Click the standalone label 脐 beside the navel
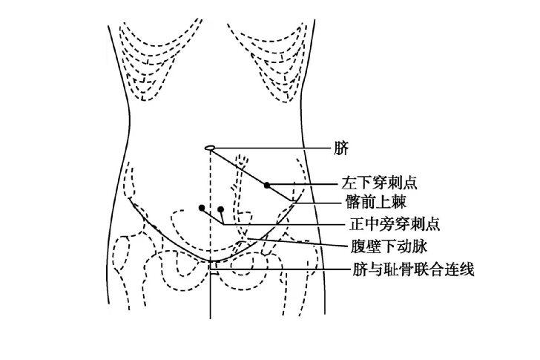tap(341, 148)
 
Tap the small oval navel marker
tap(210, 148)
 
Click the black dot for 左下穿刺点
tap(267, 186)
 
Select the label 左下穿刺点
tap(379, 183)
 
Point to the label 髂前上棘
tap(376, 202)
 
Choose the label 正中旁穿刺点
tap(395, 224)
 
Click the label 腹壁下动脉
tap(389, 246)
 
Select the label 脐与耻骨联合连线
tap(413, 269)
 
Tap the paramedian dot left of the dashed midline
tap(202, 208)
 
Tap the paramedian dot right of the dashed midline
tap(221, 209)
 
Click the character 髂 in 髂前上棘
tap(353, 202)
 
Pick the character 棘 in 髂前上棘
tap(399, 202)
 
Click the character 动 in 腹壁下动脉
tap(404, 246)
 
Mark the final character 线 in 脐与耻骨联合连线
tap(467, 269)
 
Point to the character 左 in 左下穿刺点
tap(349, 183)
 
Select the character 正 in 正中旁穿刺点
tap(357, 224)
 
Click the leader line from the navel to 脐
tap(272, 148)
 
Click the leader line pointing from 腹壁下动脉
tap(297, 242)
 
